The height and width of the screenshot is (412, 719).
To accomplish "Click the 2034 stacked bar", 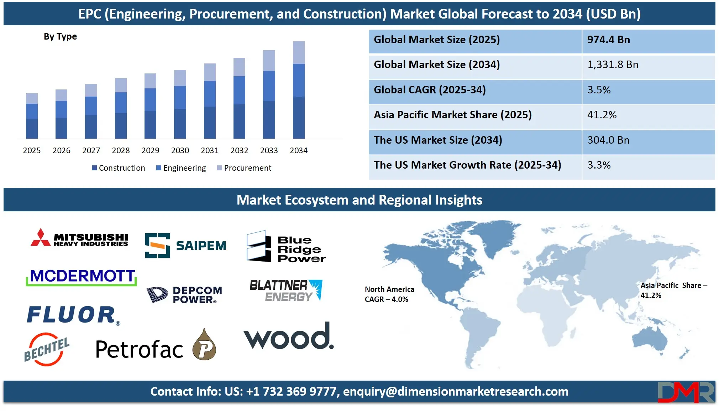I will tap(299, 90).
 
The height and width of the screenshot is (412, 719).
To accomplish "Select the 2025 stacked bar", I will tap(32, 115).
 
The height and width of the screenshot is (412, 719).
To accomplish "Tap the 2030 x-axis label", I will tap(180, 150).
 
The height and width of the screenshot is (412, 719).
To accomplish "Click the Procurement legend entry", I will tap(244, 168).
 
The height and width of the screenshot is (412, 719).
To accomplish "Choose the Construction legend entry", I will tap(119, 168).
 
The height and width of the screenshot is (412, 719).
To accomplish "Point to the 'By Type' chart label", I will tap(60, 37).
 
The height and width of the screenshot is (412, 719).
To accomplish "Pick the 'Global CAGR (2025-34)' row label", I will tap(430, 90).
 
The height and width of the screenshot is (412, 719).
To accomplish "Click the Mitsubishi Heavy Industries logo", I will tap(79, 238).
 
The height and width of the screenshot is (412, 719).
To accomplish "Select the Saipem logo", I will tap(185, 246).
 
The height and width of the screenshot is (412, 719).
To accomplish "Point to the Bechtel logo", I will tap(47, 349).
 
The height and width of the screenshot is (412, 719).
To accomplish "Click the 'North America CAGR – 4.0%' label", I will tap(389, 294).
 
